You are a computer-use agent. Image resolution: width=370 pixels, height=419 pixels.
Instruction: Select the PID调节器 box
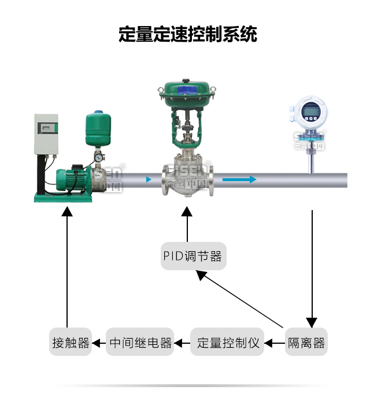click(x=193, y=256)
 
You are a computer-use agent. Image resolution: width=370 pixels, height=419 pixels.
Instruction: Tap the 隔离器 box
click(x=306, y=343)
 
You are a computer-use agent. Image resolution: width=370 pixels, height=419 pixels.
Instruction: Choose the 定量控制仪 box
click(x=228, y=343)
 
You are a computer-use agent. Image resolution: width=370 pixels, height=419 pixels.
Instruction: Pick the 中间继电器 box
click(x=141, y=343)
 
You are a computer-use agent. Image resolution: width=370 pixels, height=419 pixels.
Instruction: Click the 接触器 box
click(x=71, y=343)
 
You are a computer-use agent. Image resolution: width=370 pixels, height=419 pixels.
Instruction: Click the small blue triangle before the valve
click(x=150, y=179)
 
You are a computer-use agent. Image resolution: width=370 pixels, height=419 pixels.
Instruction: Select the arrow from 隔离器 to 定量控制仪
click(x=275, y=343)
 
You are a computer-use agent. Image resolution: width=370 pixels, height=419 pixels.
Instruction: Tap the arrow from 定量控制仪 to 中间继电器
click(x=183, y=343)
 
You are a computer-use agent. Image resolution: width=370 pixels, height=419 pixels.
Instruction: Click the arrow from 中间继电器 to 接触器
click(x=99, y=343)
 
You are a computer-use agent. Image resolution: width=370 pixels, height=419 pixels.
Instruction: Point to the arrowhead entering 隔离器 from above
click(x=312, y=322)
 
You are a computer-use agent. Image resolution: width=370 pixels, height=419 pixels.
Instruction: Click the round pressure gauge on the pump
click(x=99, y=157)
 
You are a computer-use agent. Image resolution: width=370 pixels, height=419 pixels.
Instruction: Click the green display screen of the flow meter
click(x=311, y=110)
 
